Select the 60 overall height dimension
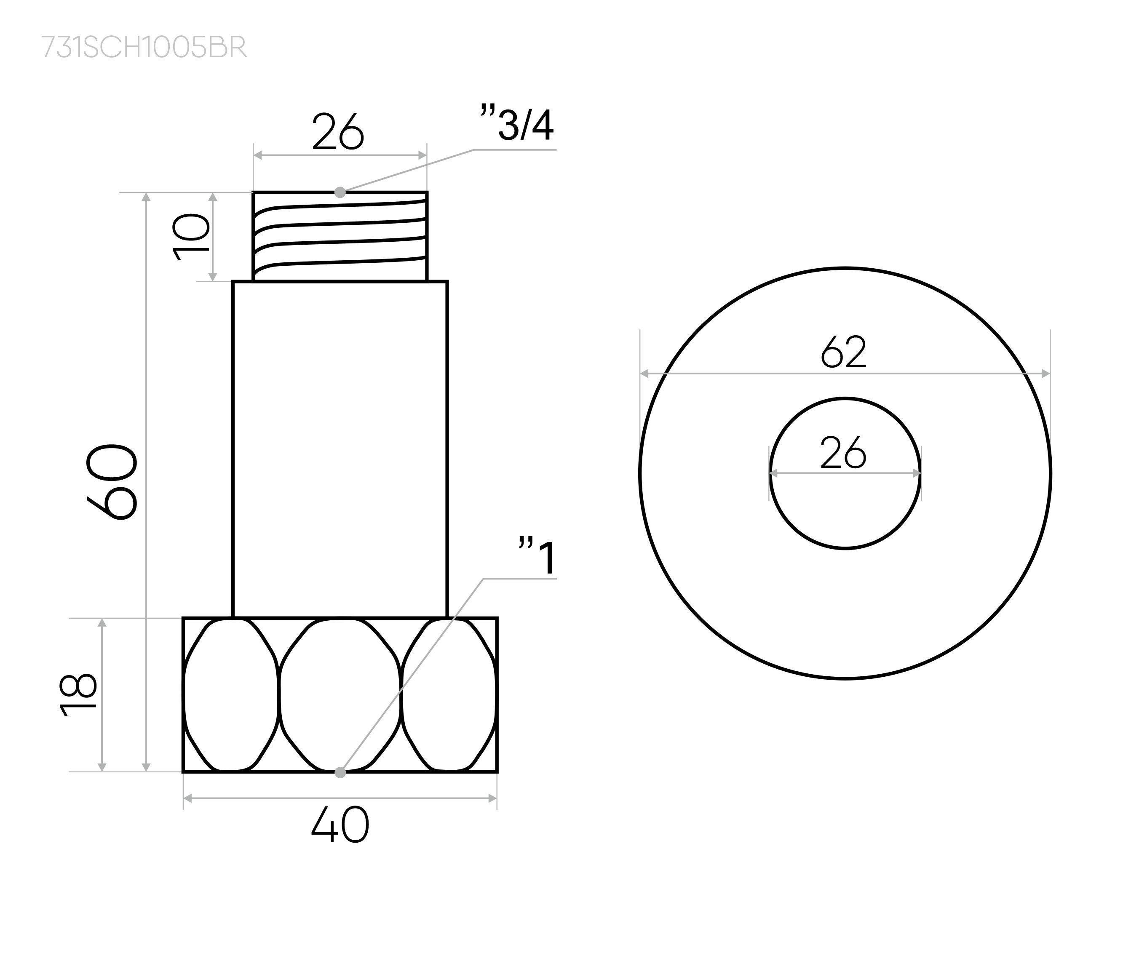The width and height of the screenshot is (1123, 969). point(112,482)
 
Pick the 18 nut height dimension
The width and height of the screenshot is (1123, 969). point(79,695)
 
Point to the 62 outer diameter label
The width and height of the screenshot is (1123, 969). point(843,352)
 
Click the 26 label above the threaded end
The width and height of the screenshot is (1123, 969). point(338,132)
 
